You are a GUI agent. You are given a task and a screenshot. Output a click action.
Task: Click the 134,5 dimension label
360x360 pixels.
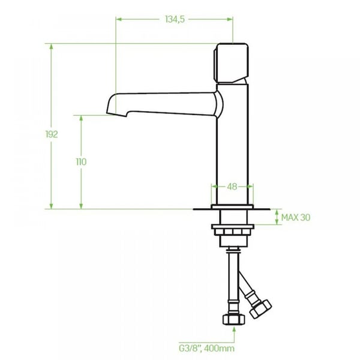[x=175, y=19]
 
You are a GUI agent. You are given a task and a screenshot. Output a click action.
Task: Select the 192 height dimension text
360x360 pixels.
[x=52, y=134]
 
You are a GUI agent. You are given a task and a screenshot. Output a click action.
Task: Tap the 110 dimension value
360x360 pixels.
[x=81, y=162]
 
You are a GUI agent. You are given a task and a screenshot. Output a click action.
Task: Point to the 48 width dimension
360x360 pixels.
[x=232, y=187]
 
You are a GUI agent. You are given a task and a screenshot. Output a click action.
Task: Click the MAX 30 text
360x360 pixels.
[x=296, y=217]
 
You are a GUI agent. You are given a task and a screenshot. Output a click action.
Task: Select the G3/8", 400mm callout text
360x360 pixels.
[x=206, y=348]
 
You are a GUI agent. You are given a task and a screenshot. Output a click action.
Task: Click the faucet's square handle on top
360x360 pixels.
[x=231, y=63]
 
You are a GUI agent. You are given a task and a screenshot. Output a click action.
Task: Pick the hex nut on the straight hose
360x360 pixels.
[x=234, y=319]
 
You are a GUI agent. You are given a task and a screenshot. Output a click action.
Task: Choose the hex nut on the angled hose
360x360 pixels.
[x=260, y=309]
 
